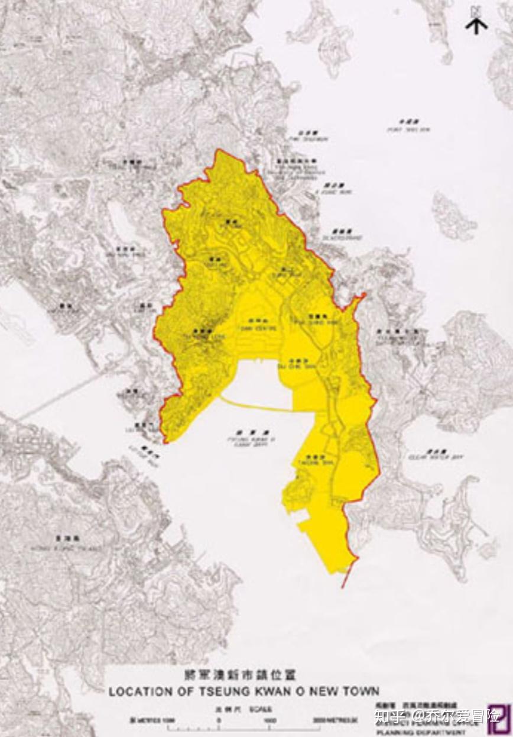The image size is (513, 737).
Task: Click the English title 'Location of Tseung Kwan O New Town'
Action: click(243, 691)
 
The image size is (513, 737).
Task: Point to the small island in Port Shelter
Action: click(453, 216)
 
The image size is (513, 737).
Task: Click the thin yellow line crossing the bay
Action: click(260, 406)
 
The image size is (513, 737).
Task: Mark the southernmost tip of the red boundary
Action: click(343, 587)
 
